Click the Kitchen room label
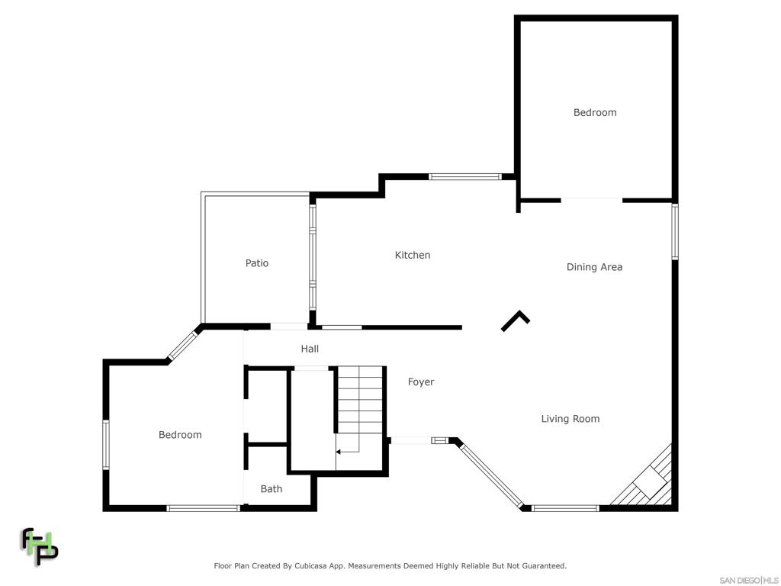pyautogui.click(x=412, y=255)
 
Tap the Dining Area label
pyautogui.click(x=594, y=267)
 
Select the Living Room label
pyautogui.click(x=570, y=419)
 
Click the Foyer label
pyautogui.click(x=420, y=382)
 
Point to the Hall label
pyautogui.click(x=310, y=349)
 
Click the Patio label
pyautogui.click(x=257, y=263)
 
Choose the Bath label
pyautogui.click(x=271, y=489)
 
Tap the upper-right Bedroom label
pyautogui.click(x=595, y=113)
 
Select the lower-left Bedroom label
pyautogui.click(x=180, y=435)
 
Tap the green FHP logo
pyautogui.click(x=39, y=546)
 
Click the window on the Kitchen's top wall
pyautogui.click(x=465, y=177)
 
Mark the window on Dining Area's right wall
pyautogui.click(x=675, y=231)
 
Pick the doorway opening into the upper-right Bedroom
pyautogui.click(x=592, y=200)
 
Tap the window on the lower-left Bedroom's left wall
pyautogui.click(x=106, y=444)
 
